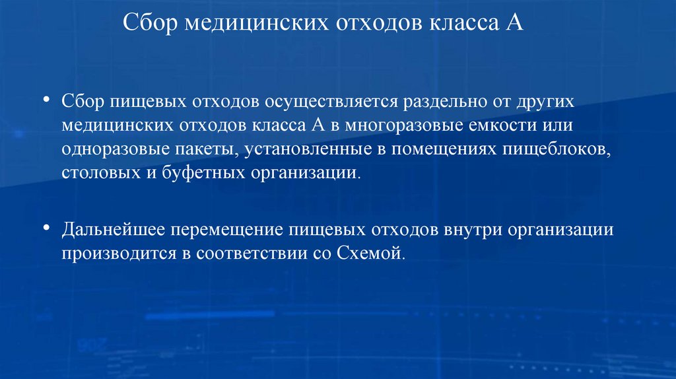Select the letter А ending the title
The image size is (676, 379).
(516, 24)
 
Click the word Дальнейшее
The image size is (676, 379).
(114, 230)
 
